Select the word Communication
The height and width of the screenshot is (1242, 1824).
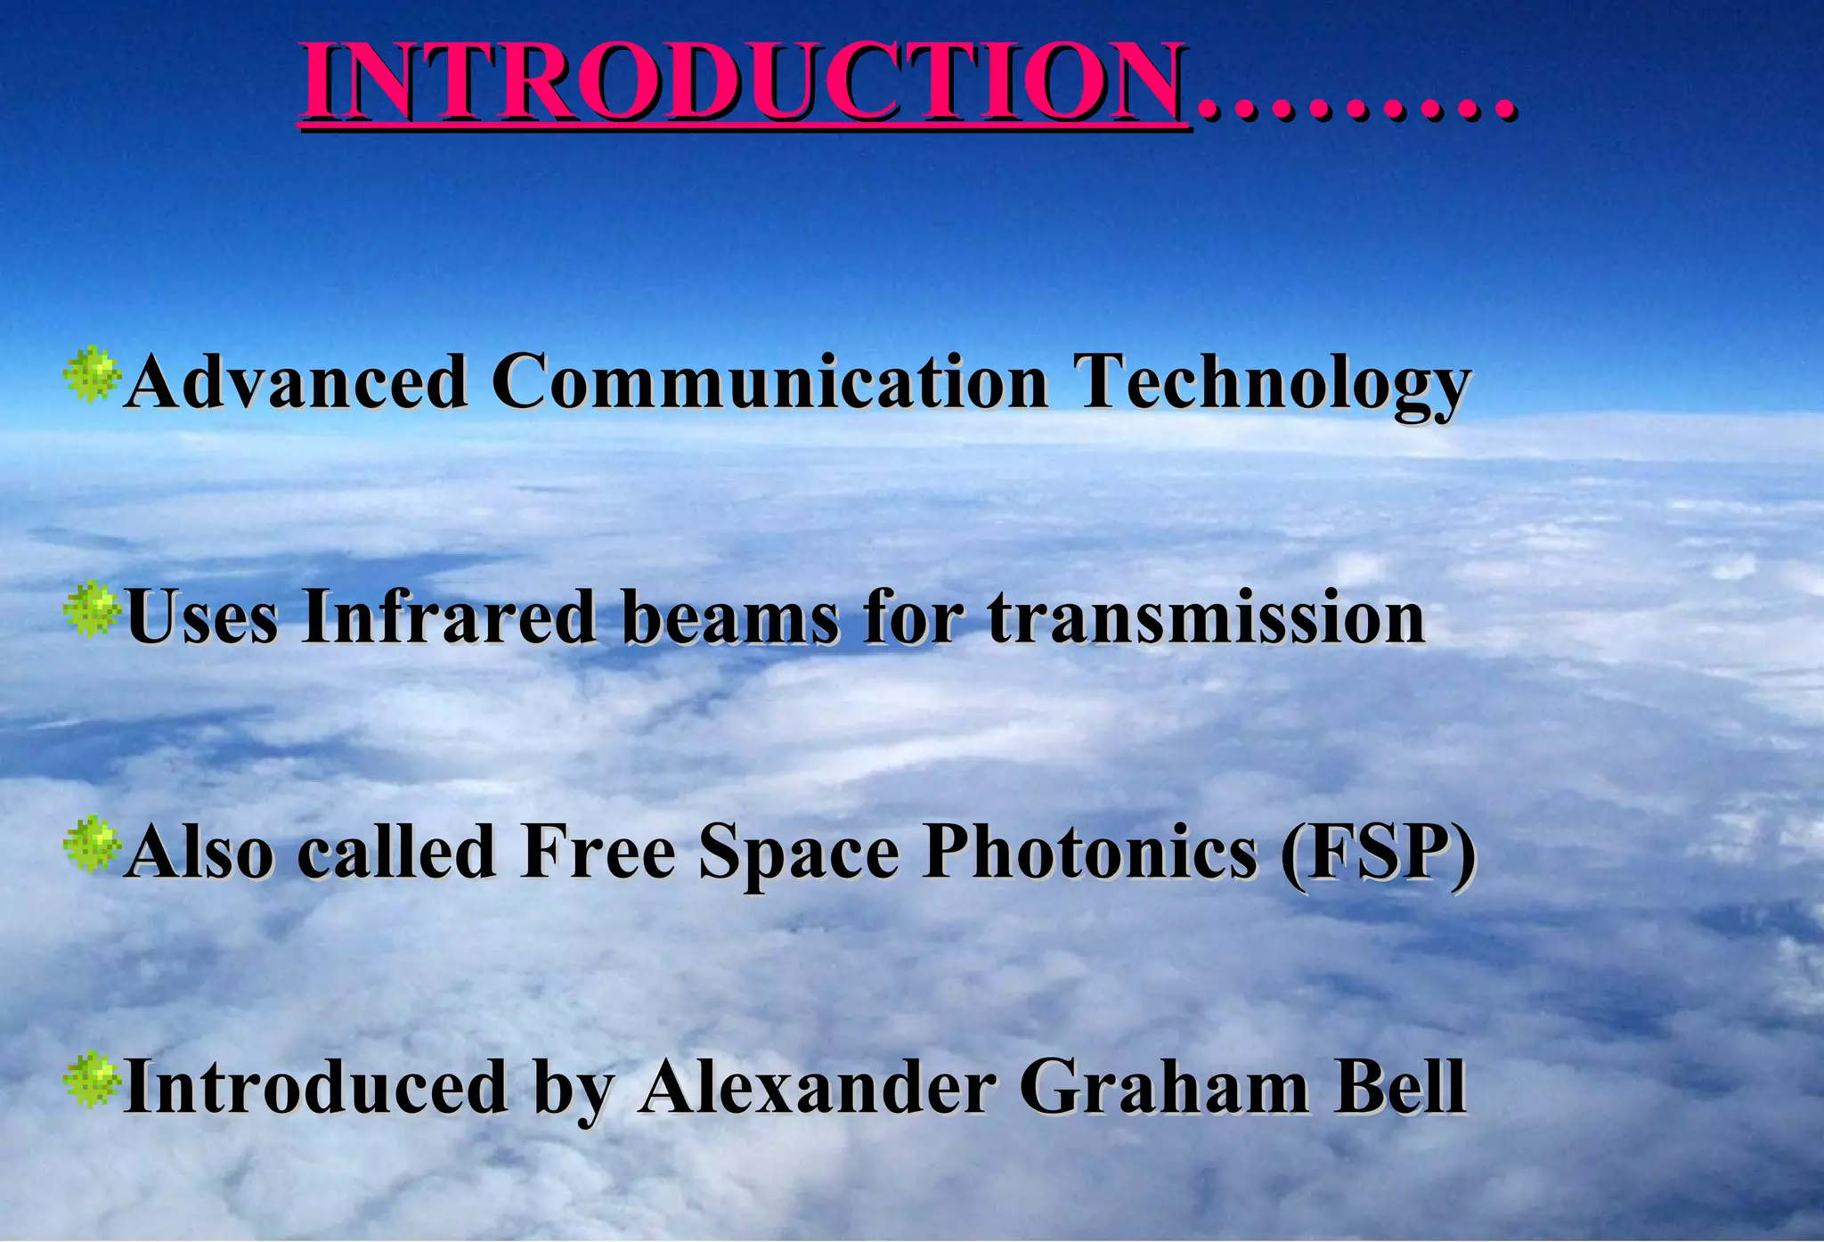769,381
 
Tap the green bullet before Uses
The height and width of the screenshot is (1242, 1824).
91,611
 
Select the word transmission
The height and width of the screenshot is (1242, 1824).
1206,616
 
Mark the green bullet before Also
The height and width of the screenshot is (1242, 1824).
91,846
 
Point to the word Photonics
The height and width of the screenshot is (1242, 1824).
1090,851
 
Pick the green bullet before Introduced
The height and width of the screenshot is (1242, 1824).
91,1081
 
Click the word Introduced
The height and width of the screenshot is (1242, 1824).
316,1086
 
